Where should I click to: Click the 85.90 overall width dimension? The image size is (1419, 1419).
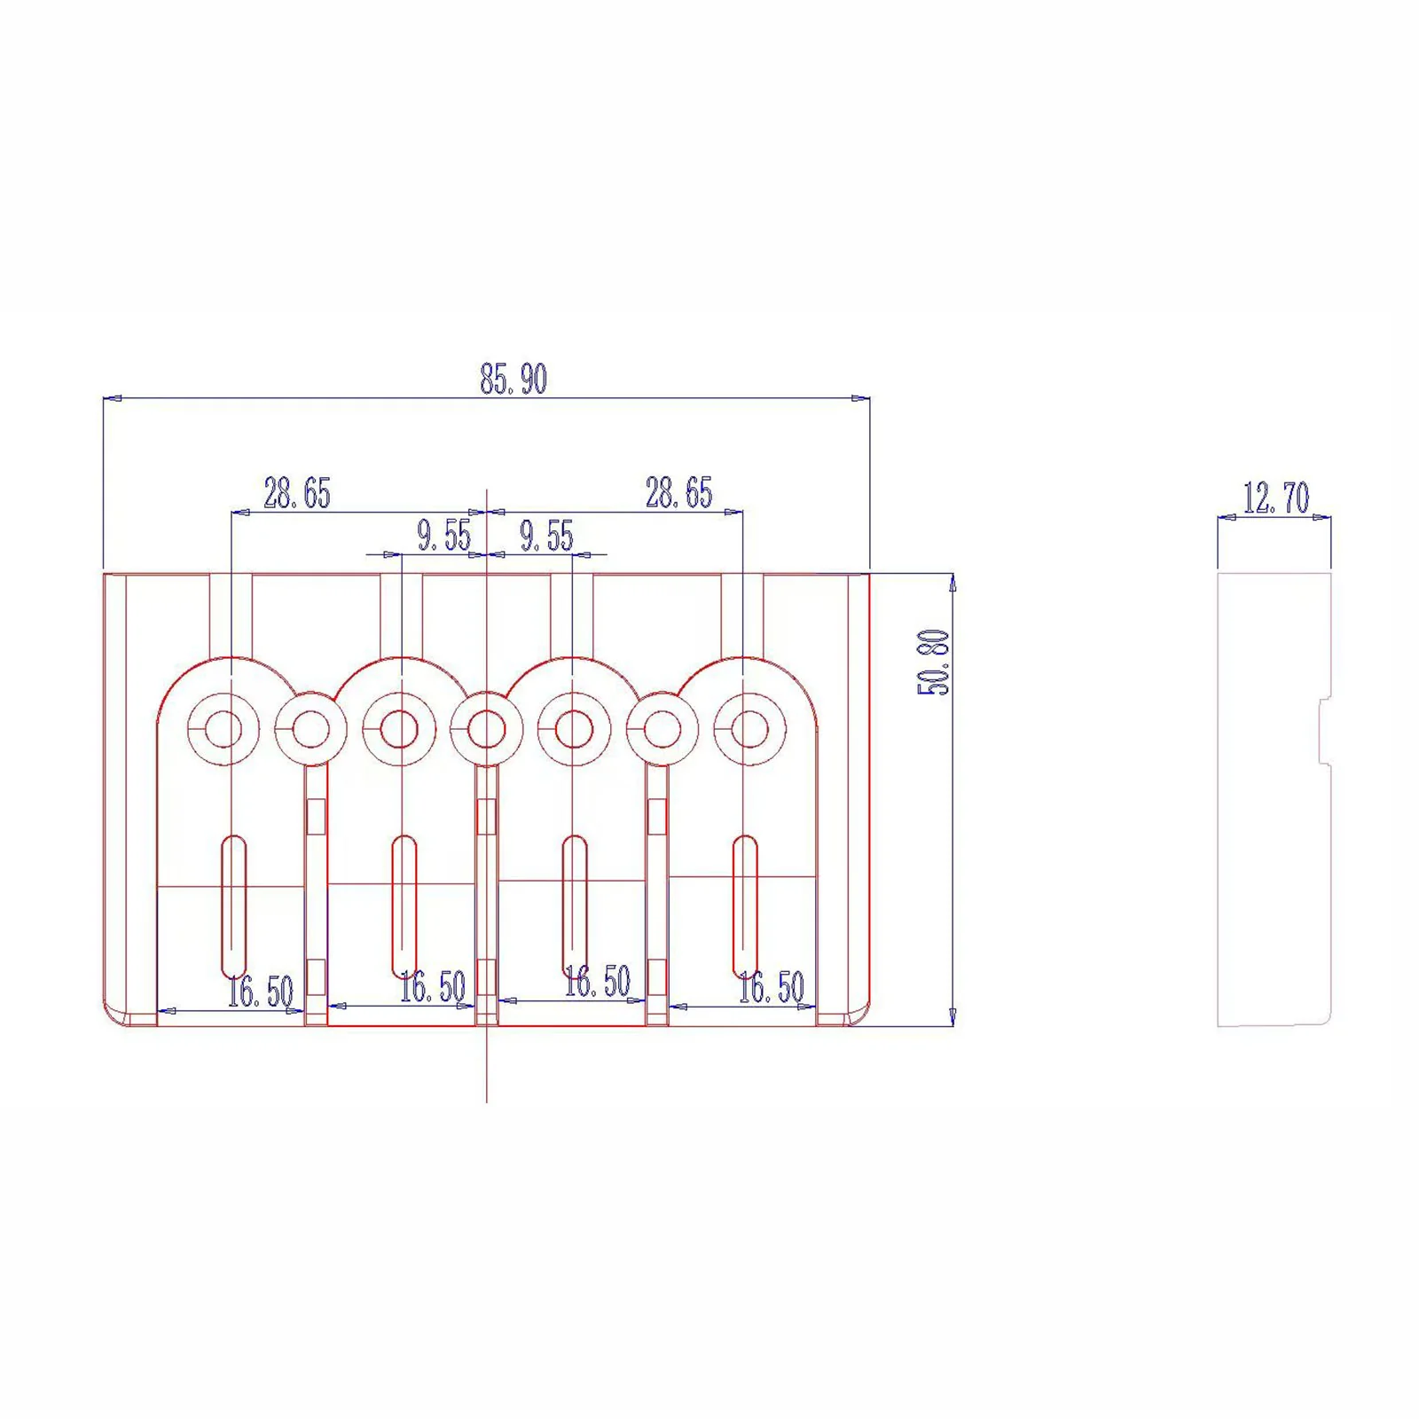[x=514, y=379]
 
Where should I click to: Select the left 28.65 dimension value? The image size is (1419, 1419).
[x=297, y=493]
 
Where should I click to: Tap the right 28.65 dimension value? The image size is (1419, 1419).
[x=679, y=493]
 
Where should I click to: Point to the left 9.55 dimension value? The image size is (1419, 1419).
[x=444, y=536]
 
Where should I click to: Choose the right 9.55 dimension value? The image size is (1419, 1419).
[x=546, y=536]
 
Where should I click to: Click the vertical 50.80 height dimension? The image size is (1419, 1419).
[x=934, y=662]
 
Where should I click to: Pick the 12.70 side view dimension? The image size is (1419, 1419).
[x=1276, y=498]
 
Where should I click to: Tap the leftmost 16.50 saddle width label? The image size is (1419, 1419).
[x=260, y=992]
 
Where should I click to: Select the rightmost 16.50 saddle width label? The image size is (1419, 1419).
[x=772, y=987]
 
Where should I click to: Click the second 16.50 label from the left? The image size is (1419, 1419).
[x=433, y=987]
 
